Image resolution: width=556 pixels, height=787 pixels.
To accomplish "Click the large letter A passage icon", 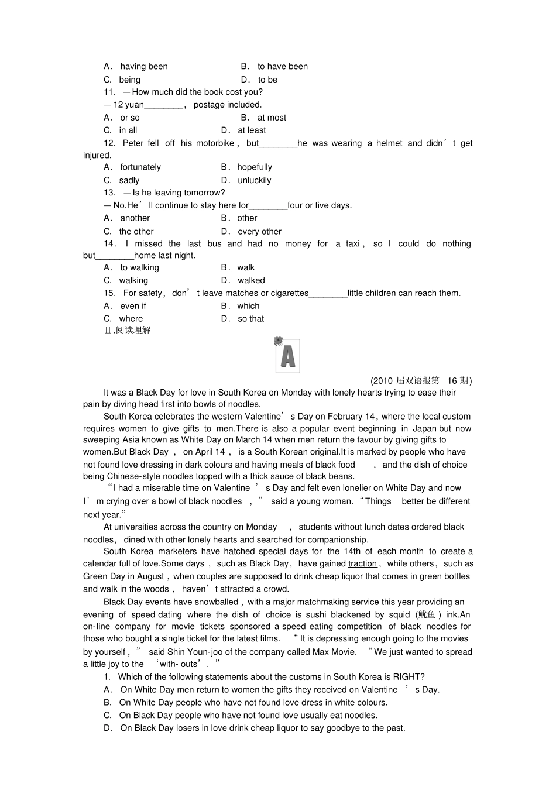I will tap(287, 356).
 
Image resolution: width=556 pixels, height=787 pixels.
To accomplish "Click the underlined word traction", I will tap(362, 563).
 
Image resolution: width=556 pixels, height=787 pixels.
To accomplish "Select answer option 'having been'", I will tap(143, 67).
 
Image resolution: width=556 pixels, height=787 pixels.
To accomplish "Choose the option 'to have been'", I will tap(282, 67).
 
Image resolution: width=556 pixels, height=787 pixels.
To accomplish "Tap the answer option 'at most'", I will tap(272, 118).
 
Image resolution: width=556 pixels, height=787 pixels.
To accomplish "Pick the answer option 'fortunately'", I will tap(140, 167).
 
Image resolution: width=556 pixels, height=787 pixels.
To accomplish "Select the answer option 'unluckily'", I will tap(254, 180).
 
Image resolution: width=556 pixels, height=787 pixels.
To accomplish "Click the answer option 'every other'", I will tap(259, 232).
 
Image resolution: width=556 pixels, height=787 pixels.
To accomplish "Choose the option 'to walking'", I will tap(139, 267).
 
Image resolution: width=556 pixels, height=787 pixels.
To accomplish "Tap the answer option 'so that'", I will tap(250, 319).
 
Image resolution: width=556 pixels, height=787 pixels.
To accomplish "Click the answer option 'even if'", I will tap(133, 306).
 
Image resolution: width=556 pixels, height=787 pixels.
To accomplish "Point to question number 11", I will tap(109, 92).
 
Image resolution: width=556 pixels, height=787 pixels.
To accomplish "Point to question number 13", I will tap(109, 193).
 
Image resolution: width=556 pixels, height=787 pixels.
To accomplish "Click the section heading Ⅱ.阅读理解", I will tap(127, 330).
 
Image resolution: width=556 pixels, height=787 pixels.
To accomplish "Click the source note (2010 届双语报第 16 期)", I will tap(421, 380).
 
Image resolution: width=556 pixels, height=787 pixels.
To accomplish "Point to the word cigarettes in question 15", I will tap(286, 293).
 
